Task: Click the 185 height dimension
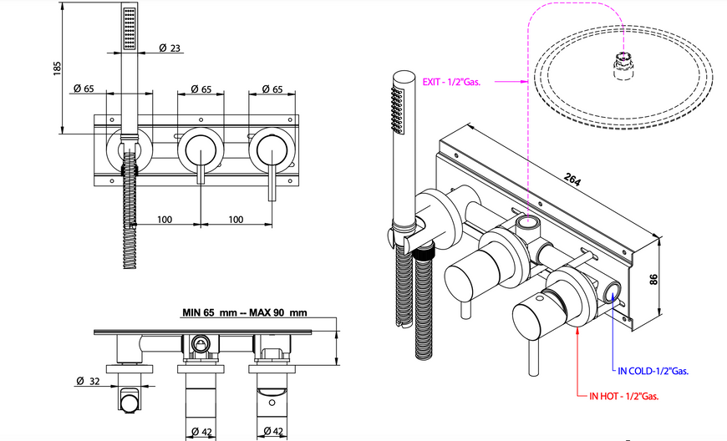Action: (x=57, y=68)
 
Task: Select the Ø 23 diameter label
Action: (x=170, y=48)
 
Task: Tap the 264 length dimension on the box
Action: (x=572, y=180)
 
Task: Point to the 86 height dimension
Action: (x=653, y=279)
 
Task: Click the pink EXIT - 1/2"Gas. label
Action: (x=451, y=83)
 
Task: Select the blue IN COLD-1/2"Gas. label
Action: (x=653, y=371)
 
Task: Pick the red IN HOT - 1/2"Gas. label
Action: (x=623, y=396)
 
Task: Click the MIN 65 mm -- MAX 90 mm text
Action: (x=244, y=312)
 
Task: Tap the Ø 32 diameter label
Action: (x=88, y=381)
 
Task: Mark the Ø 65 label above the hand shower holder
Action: (x=84, y=88)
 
